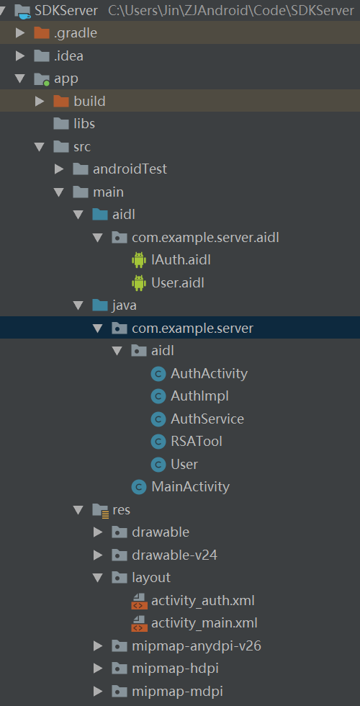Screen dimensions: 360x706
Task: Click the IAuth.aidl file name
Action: [181, 260]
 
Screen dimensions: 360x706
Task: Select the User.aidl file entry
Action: [178, 282]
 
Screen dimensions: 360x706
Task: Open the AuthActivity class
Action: [209, 373]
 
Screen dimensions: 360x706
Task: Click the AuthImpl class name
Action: [199, 396]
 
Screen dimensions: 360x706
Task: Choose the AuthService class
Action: [207, 419]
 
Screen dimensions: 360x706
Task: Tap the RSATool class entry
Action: [196, 441]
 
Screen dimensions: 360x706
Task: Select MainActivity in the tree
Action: [190, 486]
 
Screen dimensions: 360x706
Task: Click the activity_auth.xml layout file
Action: [203, 601]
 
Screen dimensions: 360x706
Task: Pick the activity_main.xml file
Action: [204, 623]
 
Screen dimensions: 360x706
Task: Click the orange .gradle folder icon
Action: [42, 32]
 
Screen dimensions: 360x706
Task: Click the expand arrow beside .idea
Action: [20, 56]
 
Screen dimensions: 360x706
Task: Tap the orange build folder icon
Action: [61, 101]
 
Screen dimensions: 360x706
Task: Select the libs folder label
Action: [84, 123]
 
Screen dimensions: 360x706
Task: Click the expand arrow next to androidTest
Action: [59, 169]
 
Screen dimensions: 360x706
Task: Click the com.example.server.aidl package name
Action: [205, 237]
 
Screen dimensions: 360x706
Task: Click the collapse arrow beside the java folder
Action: [78, 305]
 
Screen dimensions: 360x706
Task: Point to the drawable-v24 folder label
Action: [174, 555]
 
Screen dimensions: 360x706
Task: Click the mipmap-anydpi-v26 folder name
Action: [196, 646]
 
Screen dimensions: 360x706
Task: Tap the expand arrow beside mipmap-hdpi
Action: [98, 669]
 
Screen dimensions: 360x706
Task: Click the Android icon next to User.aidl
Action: [138, 282]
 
